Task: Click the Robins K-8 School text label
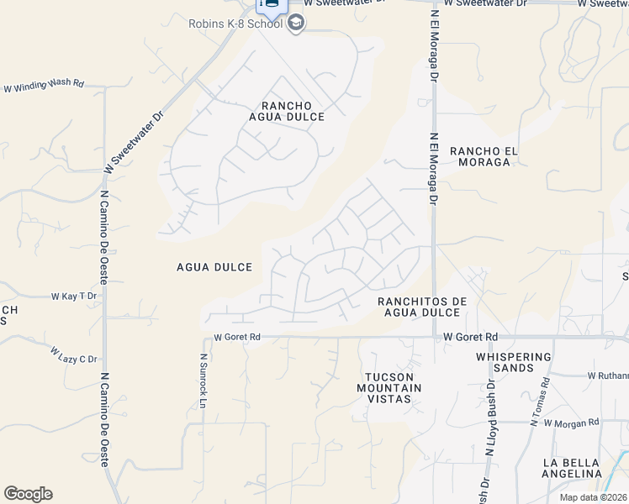pos(235,24)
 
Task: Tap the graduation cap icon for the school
pos(295,24)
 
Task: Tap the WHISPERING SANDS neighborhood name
pos(513,362)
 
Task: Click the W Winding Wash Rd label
pos(45,85)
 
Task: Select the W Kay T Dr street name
pos(74,297)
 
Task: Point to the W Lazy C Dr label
pos(73,354)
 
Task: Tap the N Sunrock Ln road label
pos(203,381)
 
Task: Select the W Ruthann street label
pos(607,375)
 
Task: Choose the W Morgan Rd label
pos(571,423)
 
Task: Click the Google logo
pos(28,494)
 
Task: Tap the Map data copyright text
pos(593,497)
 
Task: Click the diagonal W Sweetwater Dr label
pos(133,146)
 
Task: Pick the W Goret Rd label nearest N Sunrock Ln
pos(237,337)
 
